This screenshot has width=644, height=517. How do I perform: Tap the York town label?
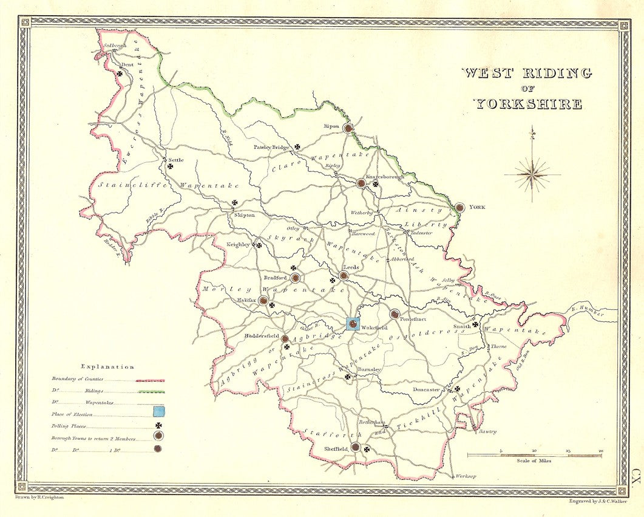476,207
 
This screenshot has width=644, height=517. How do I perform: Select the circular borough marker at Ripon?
348,128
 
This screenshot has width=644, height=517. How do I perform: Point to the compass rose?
532,174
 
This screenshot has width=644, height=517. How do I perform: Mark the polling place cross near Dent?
120,74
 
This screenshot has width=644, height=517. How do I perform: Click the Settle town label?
175,160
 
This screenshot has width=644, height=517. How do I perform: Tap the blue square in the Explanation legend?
158,413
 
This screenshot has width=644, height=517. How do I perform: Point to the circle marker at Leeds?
344,275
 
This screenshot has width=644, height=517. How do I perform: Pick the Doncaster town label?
427,389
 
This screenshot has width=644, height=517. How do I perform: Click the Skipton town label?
245,215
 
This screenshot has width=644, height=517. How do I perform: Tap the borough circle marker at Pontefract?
395,314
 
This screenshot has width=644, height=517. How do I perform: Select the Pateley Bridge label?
272,147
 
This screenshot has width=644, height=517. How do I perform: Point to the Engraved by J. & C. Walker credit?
597,501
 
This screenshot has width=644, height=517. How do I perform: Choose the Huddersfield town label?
261,336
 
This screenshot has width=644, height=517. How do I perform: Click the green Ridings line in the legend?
151,392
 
